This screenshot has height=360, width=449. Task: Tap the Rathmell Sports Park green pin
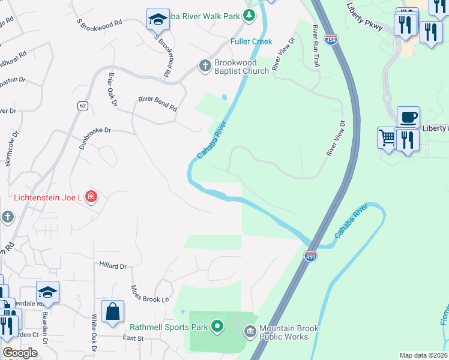[x=217, y=327]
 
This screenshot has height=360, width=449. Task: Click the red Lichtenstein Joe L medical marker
[x=91, y=196]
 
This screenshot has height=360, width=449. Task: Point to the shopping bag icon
[x=112, y=312]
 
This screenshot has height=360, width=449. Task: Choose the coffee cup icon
[x=408, y=117]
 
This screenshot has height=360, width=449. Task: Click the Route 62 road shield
[x=82, y=106]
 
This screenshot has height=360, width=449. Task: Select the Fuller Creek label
[x=252, y=41]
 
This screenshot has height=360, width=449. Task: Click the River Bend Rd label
[x=158, y=104]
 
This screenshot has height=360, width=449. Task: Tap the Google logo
[x=20, y=353]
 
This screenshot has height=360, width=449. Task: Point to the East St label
[x=134, y=338]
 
